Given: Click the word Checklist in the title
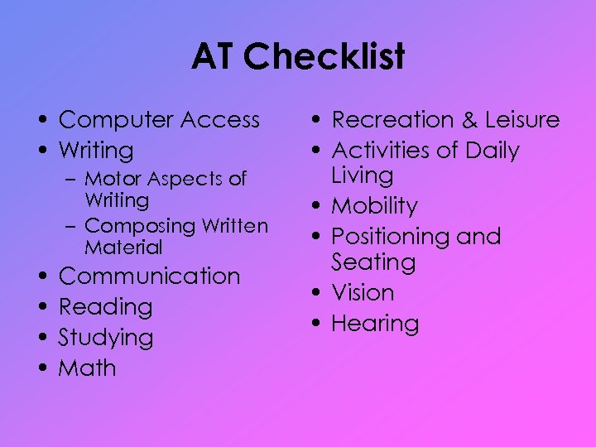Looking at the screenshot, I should [x=324, y=57].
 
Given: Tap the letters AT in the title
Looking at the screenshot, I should [x=214, y=57].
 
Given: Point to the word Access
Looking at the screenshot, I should [x=220, y=120].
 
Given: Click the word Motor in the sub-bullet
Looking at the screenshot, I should [x=112, y=179].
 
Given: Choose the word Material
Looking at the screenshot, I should [x=123, y=248].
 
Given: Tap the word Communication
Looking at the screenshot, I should [x=149, y=276].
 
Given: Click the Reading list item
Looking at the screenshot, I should [x=105, y=307].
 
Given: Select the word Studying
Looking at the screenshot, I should [x=106, y=338].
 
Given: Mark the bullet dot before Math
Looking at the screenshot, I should [x=41, y=369].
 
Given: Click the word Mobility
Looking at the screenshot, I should [x=374, y=206].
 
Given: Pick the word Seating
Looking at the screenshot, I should [x=373, y=262].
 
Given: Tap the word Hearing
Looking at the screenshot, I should [x=375, y=324].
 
